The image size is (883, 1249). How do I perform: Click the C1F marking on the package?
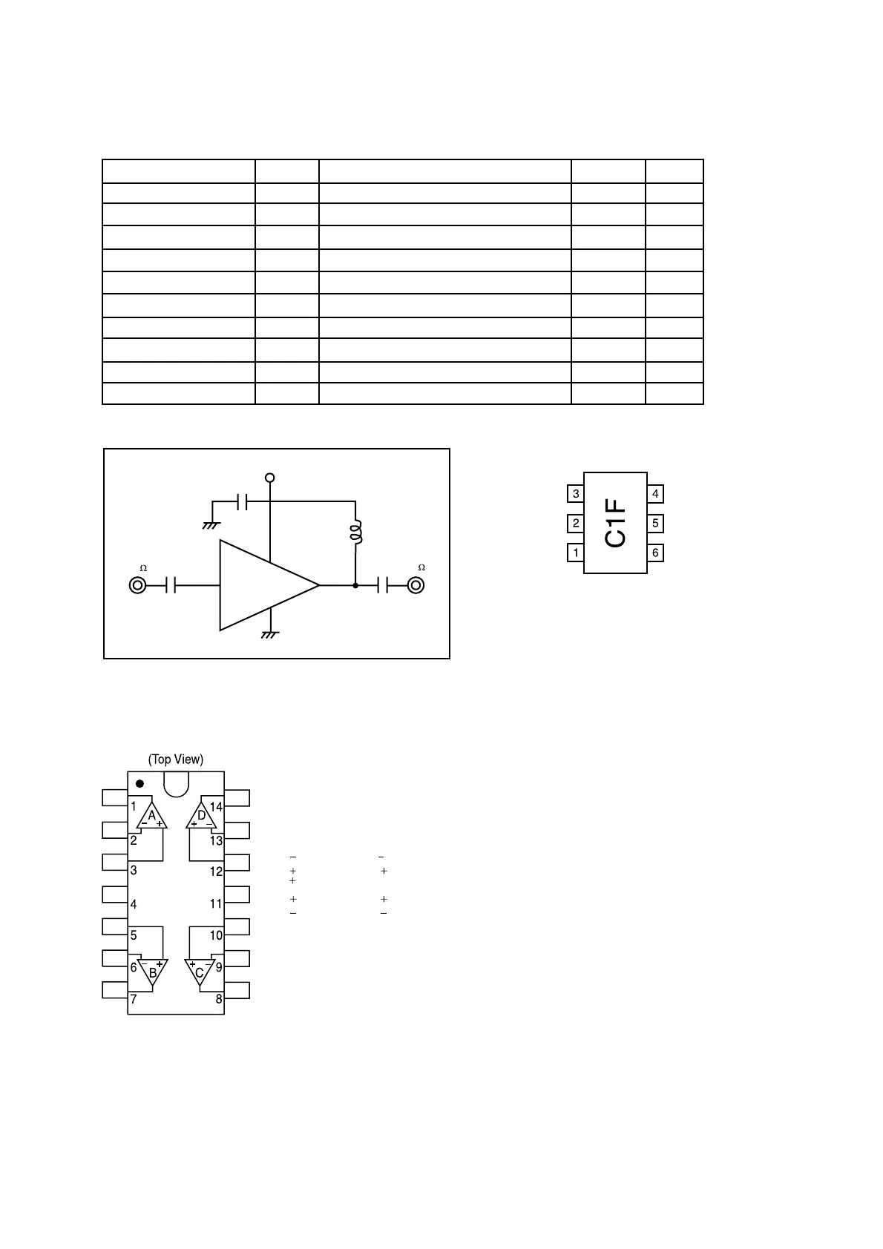616,522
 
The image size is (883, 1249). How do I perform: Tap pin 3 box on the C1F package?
576,494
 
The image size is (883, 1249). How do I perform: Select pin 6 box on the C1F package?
655,553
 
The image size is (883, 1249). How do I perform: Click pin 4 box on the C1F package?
655,494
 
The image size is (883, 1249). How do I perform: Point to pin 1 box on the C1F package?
576,553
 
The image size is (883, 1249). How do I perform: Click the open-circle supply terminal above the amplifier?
270,478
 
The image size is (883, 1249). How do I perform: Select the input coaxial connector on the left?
137,586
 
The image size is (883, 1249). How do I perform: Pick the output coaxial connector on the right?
416,586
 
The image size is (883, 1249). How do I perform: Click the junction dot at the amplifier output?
355,586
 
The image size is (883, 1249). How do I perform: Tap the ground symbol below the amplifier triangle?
270,635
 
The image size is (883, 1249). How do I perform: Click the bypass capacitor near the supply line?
242,502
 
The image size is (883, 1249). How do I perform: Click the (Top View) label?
176,759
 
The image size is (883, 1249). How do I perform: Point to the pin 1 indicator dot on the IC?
139,784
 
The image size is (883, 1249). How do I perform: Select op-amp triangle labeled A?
152,817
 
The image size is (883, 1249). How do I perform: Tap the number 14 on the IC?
216,808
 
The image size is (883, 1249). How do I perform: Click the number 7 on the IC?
134,999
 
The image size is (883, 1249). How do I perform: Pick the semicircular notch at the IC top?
176,783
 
